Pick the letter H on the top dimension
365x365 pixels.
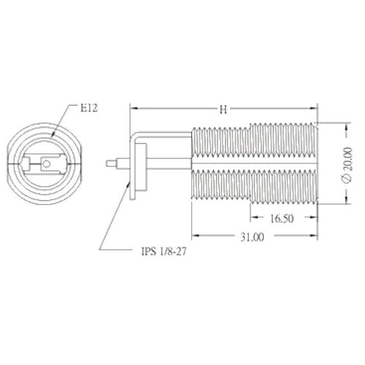coord(223,109)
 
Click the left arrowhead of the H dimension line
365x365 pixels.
coord(133,109)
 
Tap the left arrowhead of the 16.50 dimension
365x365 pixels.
coord(253,218)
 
